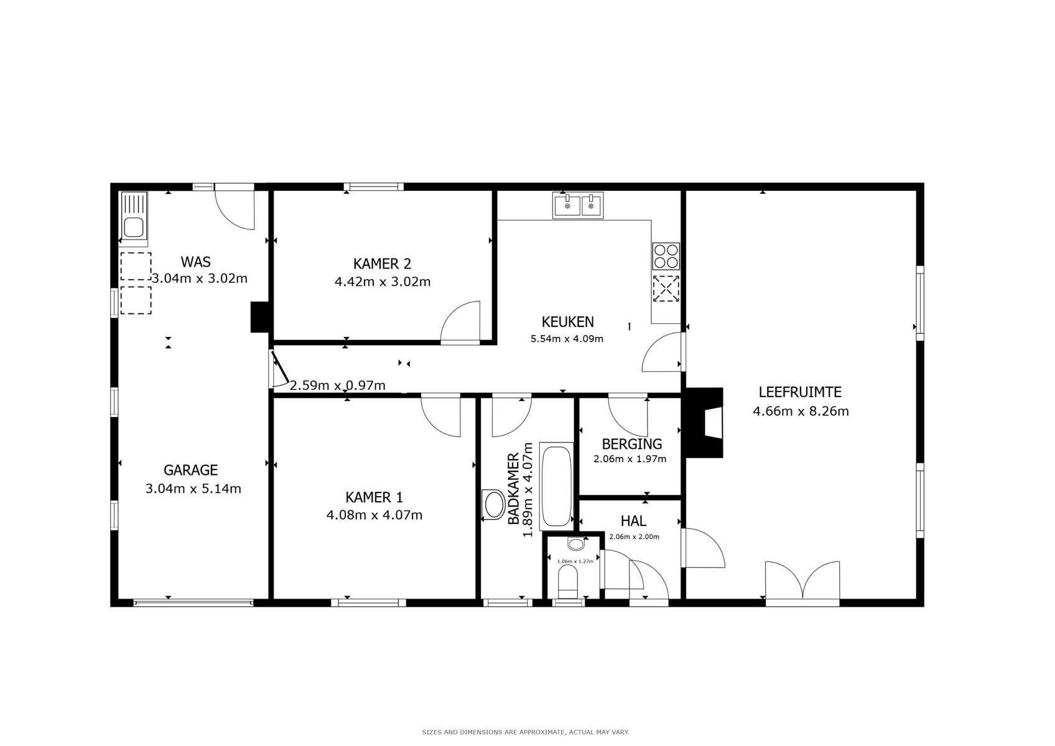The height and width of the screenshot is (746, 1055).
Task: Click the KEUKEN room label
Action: (567, 322)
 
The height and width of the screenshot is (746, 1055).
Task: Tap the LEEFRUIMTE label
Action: (800, 392)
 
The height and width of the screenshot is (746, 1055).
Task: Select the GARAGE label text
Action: (191, 470)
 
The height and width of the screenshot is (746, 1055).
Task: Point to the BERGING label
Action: (632, 444)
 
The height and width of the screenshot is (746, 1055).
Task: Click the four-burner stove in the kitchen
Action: (666, 256)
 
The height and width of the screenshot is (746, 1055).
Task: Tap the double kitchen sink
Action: (578, 205)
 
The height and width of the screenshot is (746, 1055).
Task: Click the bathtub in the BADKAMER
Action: (556, 486)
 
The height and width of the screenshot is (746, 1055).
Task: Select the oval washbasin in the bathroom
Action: (493, 505)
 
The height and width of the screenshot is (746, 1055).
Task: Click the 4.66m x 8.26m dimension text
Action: (801, 412)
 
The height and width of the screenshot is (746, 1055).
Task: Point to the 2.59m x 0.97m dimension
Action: (337, 385)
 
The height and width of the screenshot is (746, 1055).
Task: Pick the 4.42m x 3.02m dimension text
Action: (383, 282)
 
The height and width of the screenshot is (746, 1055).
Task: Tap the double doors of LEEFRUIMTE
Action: (802, 584)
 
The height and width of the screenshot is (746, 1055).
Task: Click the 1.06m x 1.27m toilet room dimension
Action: (575, 561)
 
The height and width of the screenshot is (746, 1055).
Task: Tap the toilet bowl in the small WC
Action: (567, 583)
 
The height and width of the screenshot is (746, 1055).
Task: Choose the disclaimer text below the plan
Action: (526, 732)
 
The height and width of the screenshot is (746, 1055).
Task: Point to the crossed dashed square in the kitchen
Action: (666, 288)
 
